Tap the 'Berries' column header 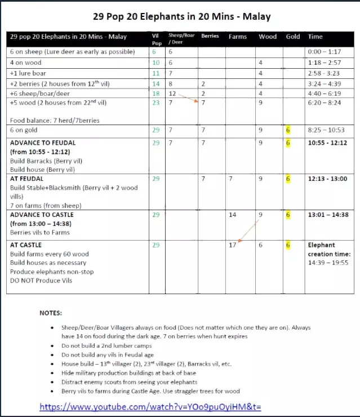click(x=210, y=37)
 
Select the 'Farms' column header click(x=238, y=37)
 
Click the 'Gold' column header click(x=293, y=37)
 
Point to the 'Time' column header click(x=315, y=37)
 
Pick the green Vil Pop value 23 click(x=156, y=104)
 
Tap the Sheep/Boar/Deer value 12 click(x=172, y=94)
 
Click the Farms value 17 click(x=232, y=245)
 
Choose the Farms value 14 click(x=232, y=215)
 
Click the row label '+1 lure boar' click(x=29, y=73)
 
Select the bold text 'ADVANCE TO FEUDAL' click(x=43, y=143)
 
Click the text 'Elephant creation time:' click(x=322, y=249)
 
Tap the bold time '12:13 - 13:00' click(x=328, y=179)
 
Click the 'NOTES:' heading click(x=51, y=313)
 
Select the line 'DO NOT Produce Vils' click(x=43, y=281)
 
